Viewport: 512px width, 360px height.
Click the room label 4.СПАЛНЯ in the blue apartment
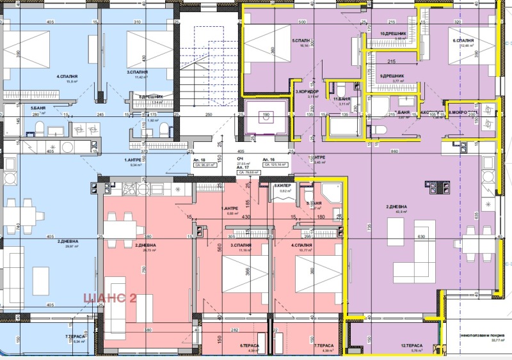[x=67, y=77]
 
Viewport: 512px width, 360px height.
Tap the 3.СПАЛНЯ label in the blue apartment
[x=137, y=72]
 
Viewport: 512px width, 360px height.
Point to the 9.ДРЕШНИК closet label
[x=391, y=76]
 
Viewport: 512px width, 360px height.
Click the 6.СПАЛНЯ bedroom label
[x=463, y=40]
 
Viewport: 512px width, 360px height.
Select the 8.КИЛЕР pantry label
[x=282, y=186]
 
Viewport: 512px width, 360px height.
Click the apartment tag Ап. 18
[x=198, y=159]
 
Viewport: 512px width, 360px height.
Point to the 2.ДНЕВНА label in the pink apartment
[x=147, y=245]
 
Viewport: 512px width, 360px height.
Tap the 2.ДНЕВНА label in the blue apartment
[x=67, y=241]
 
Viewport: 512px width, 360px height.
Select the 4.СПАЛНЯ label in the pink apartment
[x=302, y=245]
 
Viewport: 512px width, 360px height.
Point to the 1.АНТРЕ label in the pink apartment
[x=230, y=209]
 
